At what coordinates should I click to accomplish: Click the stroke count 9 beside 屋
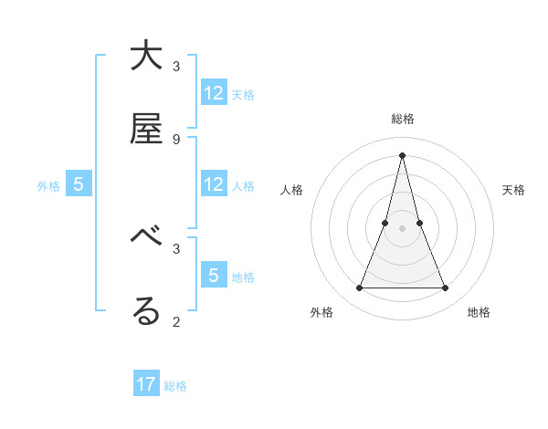click(x=175, y=139)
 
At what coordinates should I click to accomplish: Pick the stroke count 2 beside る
click(x=175, y=321)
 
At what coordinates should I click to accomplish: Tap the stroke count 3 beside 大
click(x=175, y=66)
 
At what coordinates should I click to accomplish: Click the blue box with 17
click(x=146, y=384)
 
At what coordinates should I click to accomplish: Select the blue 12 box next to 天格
click(x=214, y=93)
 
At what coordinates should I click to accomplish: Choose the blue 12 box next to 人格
click(x=214, y=184)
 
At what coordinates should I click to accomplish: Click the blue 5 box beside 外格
click(x=79, y=184)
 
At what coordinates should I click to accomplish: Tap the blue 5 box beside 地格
click(x=214, y=276)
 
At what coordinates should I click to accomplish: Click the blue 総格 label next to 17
click(x=175, y=386)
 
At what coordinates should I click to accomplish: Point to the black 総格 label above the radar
click(x=402, y=119)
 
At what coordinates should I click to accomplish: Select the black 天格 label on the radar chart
click(x=513, y=190)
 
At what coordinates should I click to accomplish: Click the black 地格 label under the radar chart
click(x=479, y=312)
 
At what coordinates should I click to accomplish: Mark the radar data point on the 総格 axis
click(x=402, y=154)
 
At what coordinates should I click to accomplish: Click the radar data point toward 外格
click(x=359, y=288)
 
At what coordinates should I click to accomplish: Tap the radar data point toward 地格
click(x=446, y=288)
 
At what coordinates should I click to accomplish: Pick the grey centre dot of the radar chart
click(x=402, y=228)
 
